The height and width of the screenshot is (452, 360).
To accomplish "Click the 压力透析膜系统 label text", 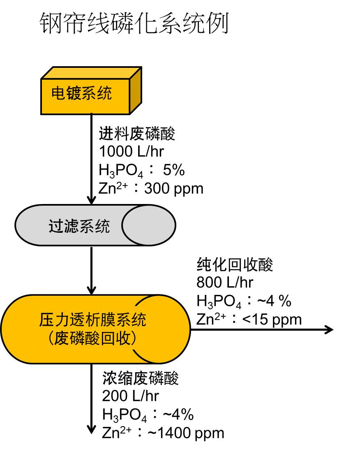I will [92, 320].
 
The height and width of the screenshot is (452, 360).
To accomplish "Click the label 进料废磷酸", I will [137, 134].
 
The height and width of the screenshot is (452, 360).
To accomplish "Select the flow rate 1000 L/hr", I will [131, 151].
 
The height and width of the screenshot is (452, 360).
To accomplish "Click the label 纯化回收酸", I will [235, 265].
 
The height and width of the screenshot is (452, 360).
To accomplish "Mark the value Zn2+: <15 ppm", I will [249, 319].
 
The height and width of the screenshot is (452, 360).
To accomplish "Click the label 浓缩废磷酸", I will [141, 378].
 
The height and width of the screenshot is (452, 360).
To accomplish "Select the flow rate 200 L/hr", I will [130, 396].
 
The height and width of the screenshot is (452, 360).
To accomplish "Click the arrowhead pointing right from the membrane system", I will [328, 329].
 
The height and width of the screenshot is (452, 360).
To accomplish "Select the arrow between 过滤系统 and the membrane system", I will [91, 269].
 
